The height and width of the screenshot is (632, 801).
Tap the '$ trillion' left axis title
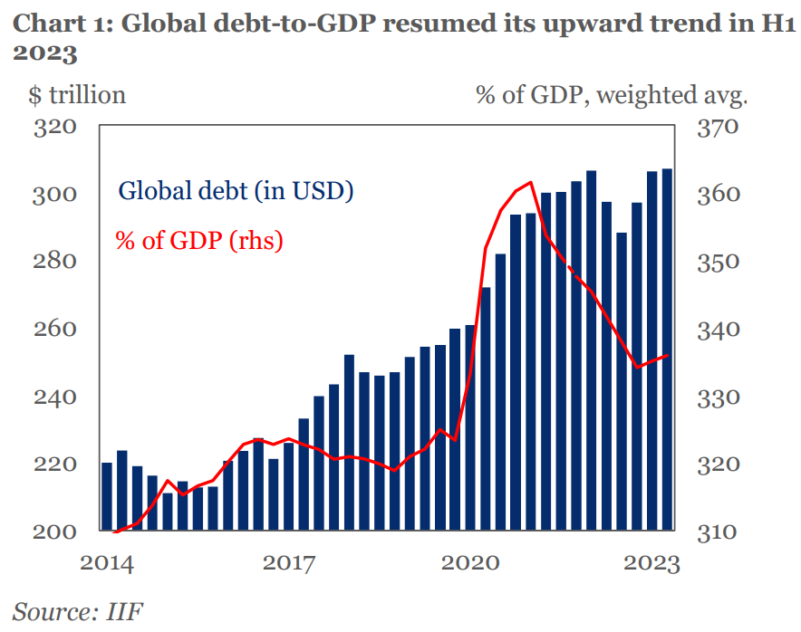(70, 94)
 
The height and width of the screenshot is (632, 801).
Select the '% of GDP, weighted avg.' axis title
(612, 94)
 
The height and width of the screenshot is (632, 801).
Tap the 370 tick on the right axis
(719, 126)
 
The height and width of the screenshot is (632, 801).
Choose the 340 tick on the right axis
(719, 329)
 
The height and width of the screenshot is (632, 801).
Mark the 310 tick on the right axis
(719, 531)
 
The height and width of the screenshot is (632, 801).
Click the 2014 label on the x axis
(107, 563)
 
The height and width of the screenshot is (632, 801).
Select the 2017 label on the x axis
(288, 563)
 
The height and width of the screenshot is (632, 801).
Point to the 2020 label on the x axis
(469, 563)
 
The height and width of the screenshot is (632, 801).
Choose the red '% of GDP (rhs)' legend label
(199, 241)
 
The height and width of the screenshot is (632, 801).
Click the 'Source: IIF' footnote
(77, 612)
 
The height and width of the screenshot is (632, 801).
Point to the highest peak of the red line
(532, 182)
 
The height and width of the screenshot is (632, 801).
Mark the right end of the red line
(668, 356)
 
